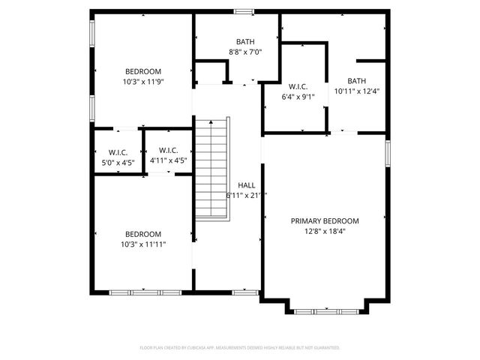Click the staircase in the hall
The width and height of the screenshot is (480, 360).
tap(211, 169)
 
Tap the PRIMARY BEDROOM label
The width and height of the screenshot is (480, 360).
tap(325, 221)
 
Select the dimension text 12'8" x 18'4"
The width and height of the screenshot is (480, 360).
tap(325, 232)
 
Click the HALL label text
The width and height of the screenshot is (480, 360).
tap(246, 185)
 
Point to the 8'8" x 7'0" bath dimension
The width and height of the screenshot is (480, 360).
tap(245, 52)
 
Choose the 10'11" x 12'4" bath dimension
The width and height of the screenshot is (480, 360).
tap(356, 91)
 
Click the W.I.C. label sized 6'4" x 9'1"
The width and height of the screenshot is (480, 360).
tap(293, 85)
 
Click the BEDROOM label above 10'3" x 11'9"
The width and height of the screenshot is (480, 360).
tap(142, 72)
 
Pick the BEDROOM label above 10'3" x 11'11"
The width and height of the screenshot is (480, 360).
tap(142, 233)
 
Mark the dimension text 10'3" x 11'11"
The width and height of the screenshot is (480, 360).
tap(142, 244)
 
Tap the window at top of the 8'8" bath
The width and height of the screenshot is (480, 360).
tap(243, 11)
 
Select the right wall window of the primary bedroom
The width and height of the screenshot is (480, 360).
tap(388, 152)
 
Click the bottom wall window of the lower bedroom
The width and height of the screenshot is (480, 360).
tap(145, 292)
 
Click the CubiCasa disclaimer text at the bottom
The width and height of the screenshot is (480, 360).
tap(240, 348)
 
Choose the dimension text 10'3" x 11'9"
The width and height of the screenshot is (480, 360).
tap(142, 82)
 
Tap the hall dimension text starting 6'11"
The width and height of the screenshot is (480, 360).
tap(246, 195)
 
